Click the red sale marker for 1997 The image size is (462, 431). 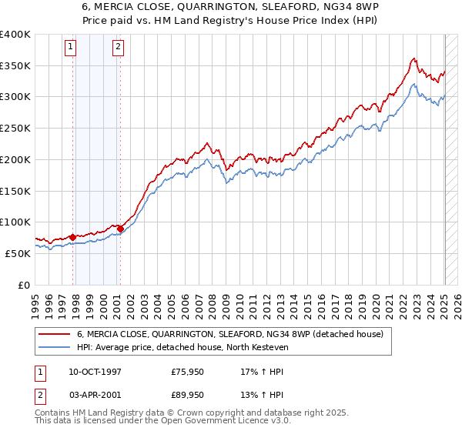click(x=72, y=237)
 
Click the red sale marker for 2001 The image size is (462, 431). click(x=120, y=229)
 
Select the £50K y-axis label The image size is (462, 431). click(x=18, y=253)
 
